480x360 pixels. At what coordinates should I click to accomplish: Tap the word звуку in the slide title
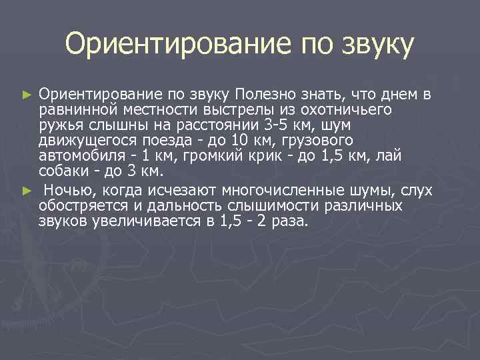378,45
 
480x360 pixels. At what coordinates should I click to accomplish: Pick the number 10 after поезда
237,141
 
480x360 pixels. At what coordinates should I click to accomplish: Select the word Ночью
65,190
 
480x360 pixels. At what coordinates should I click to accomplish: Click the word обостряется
79,205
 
